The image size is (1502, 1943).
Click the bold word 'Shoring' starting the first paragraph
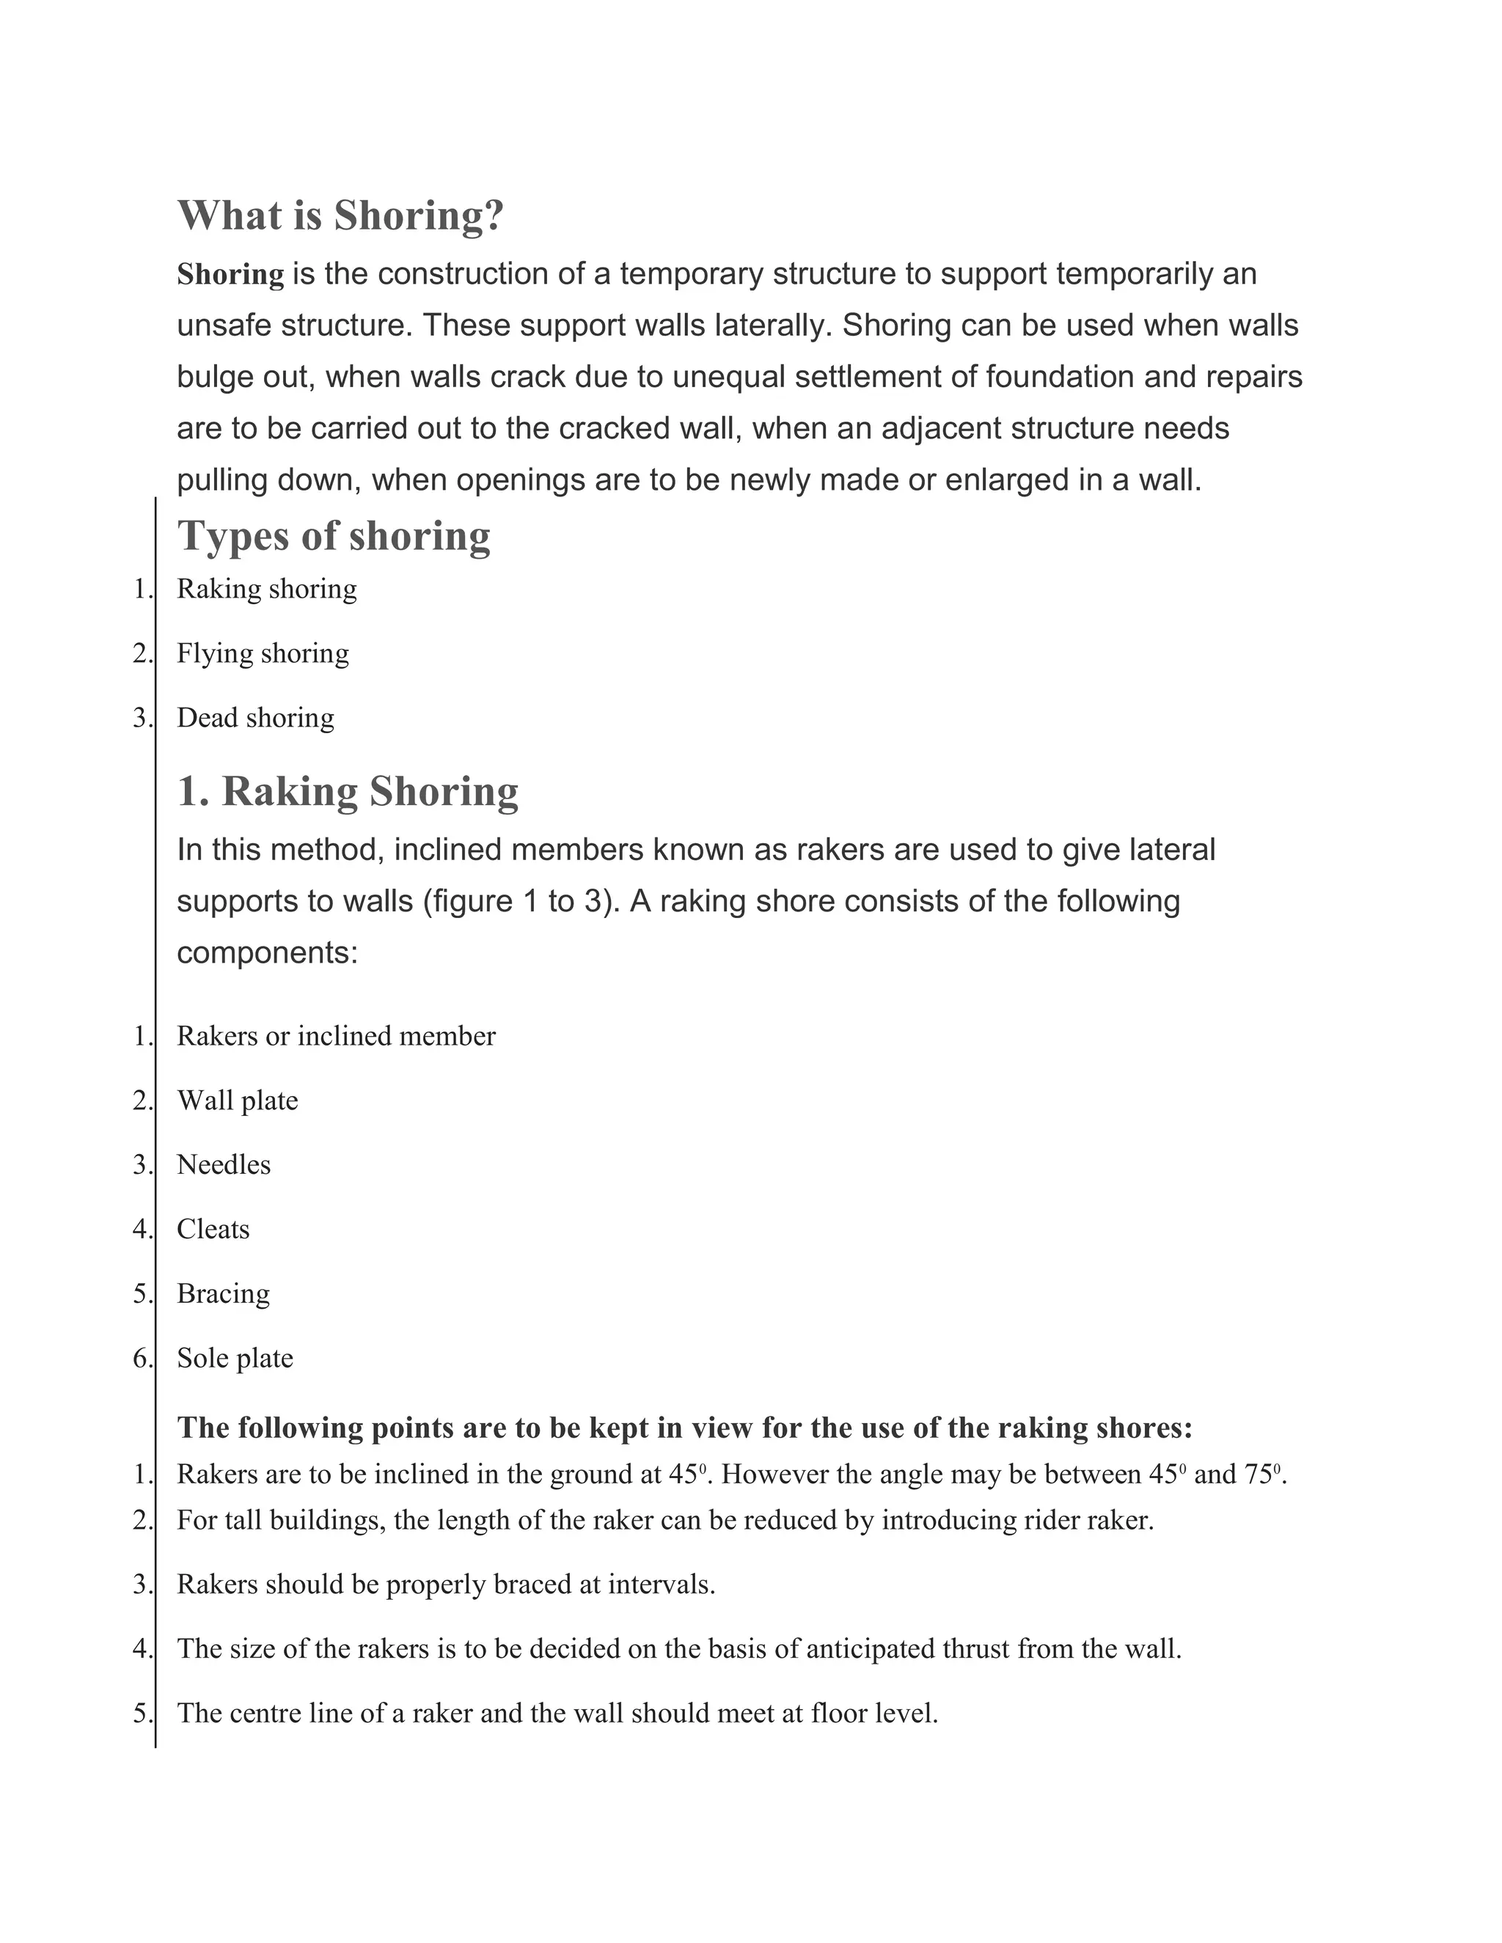point(230,274)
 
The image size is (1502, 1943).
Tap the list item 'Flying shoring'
point(263,653)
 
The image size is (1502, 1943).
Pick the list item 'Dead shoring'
point(255,717)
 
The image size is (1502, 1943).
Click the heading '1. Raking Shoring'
point(347,791)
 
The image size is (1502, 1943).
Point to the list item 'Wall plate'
point(238,1101)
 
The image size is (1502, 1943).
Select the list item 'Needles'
point(224,1164)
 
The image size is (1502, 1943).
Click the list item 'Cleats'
point(213,1229)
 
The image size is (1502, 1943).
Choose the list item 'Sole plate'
point(235,1358)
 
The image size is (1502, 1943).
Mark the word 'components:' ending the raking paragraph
point(267,953)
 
